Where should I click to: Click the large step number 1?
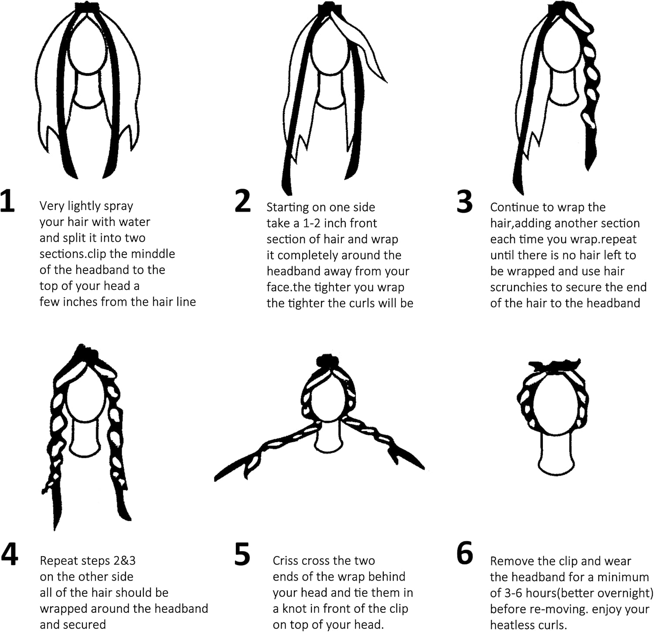(x=7, y=201)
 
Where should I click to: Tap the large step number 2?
(x=242, y=201)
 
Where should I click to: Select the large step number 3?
(x=464, y=202)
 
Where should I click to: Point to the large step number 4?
(x=10, y=554)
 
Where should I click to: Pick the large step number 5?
(x=242, y=554)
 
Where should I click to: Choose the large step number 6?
(x=465, y=553)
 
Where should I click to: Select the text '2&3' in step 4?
(x=124, y=561)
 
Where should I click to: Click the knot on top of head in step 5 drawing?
(x=326, y=361)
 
